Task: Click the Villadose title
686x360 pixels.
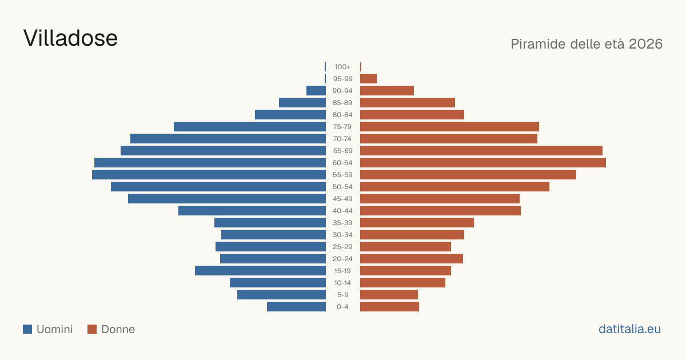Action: coord(70,38)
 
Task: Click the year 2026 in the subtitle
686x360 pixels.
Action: coord(645,44)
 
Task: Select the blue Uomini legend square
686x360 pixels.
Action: coord(27,329)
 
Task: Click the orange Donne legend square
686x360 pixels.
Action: coord(92,329)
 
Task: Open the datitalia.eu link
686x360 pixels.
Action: coord(629,329)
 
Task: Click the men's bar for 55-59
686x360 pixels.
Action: coord(209,174)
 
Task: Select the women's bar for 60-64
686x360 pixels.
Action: coord(483,162)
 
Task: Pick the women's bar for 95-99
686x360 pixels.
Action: coord(368,79)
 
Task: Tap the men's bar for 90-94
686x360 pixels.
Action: coord(316,91)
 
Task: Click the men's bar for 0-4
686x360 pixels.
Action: coord(297,307)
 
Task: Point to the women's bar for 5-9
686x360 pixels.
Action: coord(389,295)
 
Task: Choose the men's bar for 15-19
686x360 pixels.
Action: coord(260,271)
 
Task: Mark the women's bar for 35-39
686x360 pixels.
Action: coord(417,222)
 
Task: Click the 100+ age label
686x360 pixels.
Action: coord(342,67)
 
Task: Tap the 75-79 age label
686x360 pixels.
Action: coord(342,127)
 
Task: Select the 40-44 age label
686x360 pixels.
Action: coord(342,211)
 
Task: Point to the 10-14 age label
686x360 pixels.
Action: coord(342,282)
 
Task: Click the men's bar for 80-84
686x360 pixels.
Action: coord(290,114)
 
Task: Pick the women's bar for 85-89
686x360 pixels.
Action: coord(408,102)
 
